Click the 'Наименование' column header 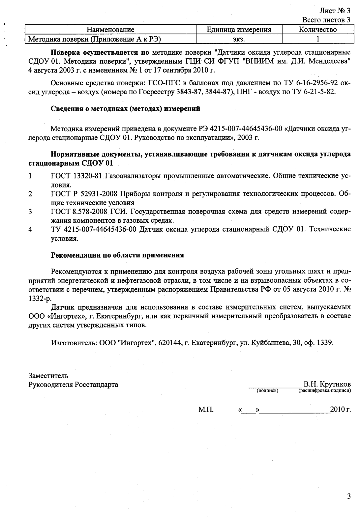tap(110, 30)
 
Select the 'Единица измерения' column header tap(239, 30)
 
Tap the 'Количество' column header tap(317, 30)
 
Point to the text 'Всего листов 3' tap(326, 20)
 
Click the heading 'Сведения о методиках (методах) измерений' tap(125, 109)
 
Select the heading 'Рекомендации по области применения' tap(117, 255)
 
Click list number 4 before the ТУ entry tap(30, 230)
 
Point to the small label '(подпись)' tap(267, 391)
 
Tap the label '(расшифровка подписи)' tap(324, 391)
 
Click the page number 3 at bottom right tap(349, 496)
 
